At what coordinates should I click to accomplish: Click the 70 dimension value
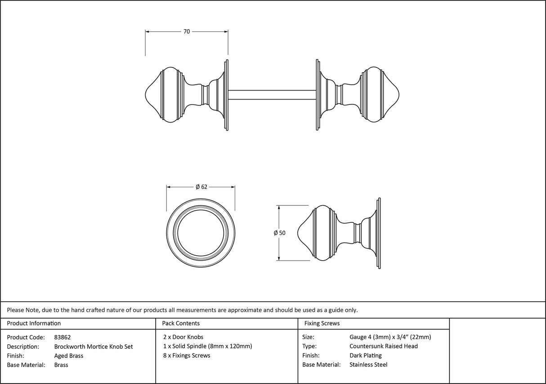[187, 32]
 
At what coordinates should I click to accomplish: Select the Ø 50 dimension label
[279, 233]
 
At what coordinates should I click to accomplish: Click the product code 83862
[63, 337]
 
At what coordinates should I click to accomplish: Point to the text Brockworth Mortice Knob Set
[94, 347]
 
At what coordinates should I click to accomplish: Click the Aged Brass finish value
[69, 356]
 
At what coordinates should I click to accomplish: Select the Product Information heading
[34, 323]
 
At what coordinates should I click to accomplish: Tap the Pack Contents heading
[181, 323]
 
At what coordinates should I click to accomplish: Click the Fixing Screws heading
[322, 323]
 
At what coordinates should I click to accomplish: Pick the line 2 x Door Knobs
[183, 337]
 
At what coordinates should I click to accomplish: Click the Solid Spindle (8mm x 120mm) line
[207, 346]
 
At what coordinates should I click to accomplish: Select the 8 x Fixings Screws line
[187, 356]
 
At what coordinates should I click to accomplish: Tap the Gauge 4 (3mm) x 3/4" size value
[390, 337]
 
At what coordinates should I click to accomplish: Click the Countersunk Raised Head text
[384, 346]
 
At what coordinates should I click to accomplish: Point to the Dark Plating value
[366, 356]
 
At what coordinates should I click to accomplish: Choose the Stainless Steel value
[368, 365]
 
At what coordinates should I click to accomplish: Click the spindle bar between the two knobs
[272, 95]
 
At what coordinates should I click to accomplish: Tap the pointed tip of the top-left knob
[146, 95]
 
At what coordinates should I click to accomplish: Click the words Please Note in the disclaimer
[22, 310]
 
